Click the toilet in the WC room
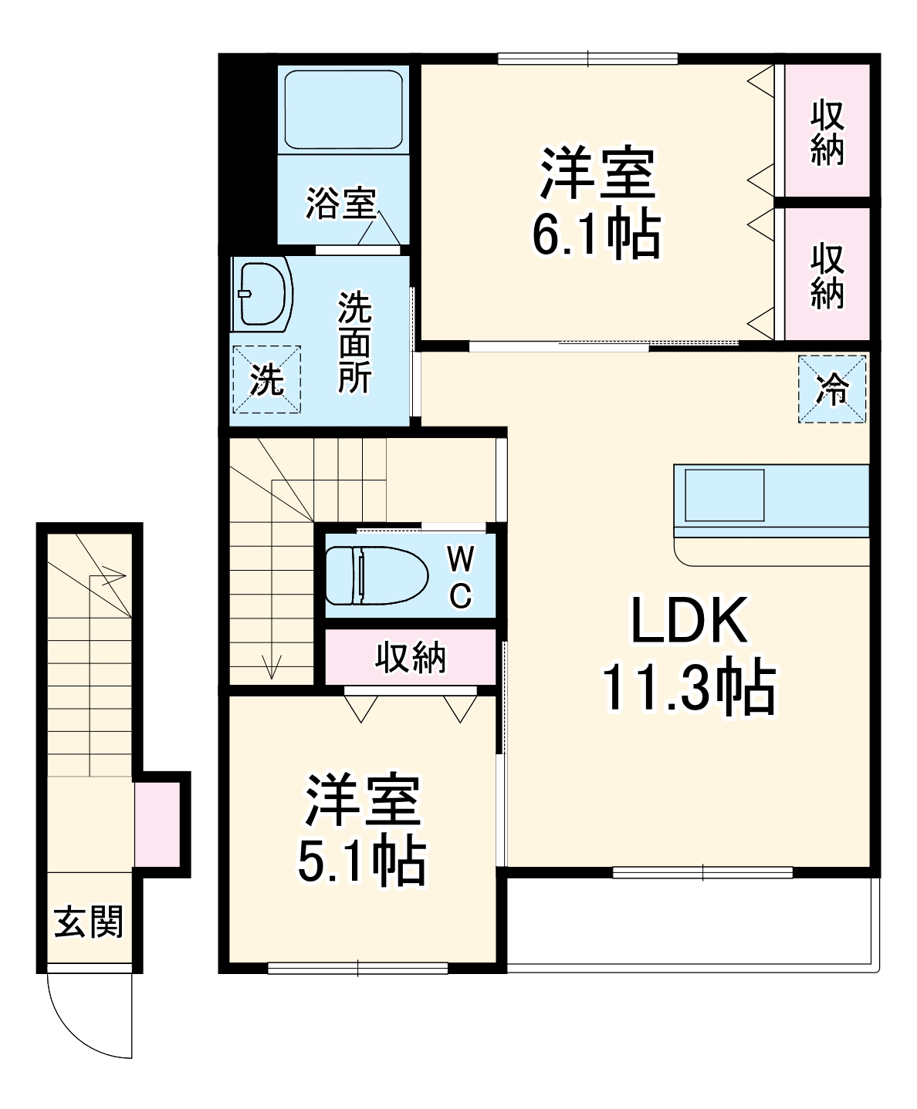377,575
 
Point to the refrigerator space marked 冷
832,389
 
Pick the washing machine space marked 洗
266,379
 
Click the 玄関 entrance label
89,922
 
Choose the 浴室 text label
340,204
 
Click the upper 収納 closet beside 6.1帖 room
827,132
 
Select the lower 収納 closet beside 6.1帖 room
827,275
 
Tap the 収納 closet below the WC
411,658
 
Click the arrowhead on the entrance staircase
117,573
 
